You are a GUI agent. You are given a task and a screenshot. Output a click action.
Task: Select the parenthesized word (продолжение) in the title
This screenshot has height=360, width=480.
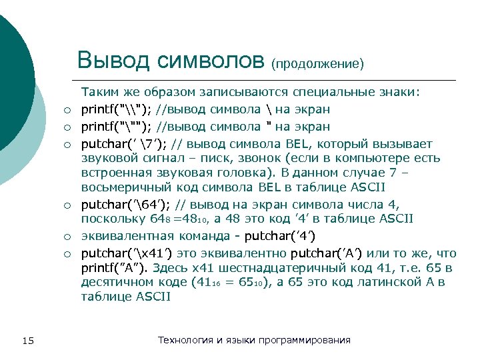317,64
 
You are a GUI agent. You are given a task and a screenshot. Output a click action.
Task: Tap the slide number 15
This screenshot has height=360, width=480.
27,341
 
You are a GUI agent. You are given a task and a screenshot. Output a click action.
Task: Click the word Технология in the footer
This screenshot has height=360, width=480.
185,340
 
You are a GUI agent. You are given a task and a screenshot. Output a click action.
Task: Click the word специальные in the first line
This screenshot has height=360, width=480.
325,92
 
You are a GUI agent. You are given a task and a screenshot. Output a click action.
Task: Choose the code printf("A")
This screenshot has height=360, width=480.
113,269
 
